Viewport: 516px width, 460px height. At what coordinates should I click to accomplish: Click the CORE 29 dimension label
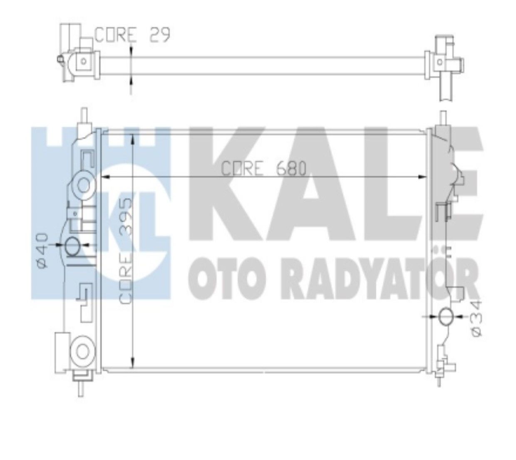coord(132,35)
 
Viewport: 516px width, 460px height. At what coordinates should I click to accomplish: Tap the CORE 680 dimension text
coord(263,169)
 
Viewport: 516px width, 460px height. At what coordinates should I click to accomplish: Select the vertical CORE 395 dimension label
coord(126,250)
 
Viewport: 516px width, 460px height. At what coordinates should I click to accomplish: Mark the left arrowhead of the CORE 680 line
coord(105,177)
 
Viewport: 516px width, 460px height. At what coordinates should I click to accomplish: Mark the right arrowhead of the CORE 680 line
coord(425,177)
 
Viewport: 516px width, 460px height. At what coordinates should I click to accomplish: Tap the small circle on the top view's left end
coord(84,61)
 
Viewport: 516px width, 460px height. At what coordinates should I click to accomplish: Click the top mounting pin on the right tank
coord(444,117)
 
